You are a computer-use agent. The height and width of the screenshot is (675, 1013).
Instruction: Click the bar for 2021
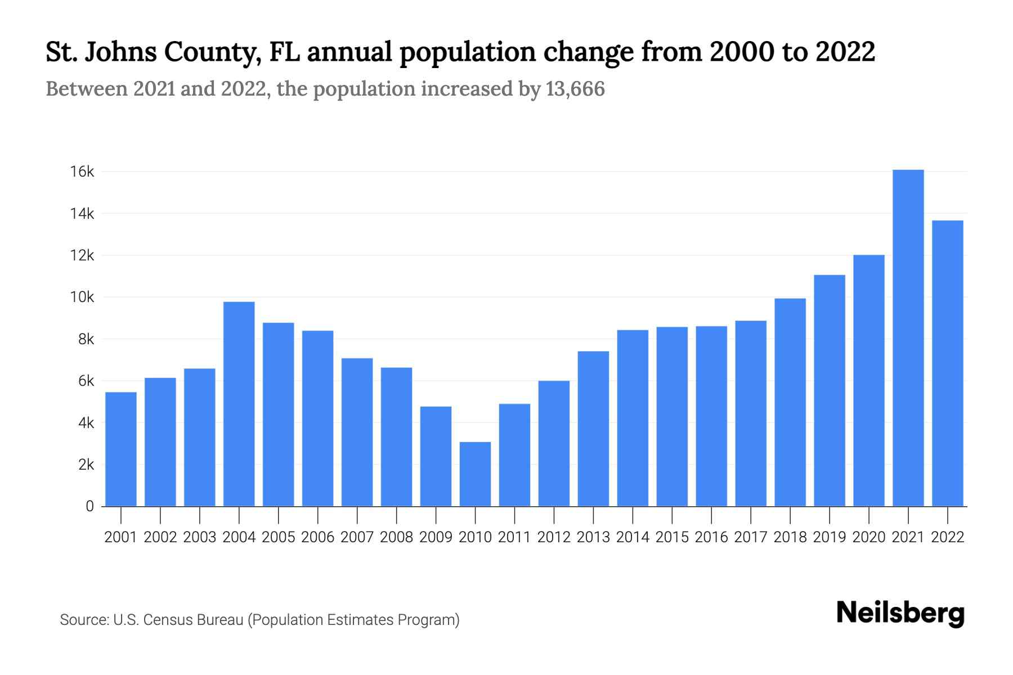coord(908,337)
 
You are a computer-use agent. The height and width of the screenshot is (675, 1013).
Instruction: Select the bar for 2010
coord(475,474)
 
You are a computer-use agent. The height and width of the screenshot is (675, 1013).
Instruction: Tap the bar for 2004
coord(239,404)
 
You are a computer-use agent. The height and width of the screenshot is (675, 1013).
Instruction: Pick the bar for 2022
coord(947,363)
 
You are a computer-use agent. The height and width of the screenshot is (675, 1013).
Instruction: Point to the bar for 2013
coord(593,429)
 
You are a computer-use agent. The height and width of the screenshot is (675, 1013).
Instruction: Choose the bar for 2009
coord(436,456)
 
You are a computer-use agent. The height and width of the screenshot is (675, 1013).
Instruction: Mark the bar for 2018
coord(790,402)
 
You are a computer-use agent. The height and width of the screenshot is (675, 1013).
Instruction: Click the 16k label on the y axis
coord(82,172)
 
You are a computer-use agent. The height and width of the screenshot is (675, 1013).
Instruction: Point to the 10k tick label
coord(82,297)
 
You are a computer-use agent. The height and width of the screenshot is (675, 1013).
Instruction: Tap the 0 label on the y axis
coord(89,506)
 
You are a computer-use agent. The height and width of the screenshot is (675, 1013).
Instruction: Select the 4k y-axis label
coord(86,423)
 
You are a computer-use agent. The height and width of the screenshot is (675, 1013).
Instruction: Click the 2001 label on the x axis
coord(120,537)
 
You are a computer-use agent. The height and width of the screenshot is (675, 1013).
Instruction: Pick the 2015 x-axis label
coord(672,537)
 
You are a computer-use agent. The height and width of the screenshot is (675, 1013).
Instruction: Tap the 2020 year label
coord(868,537)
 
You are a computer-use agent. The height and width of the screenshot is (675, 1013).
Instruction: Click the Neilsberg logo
coord(900,613)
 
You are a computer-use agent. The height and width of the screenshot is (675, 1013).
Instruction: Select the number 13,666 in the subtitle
coord(575,89)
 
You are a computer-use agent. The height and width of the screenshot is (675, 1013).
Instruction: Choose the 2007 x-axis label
coord(357,537)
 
